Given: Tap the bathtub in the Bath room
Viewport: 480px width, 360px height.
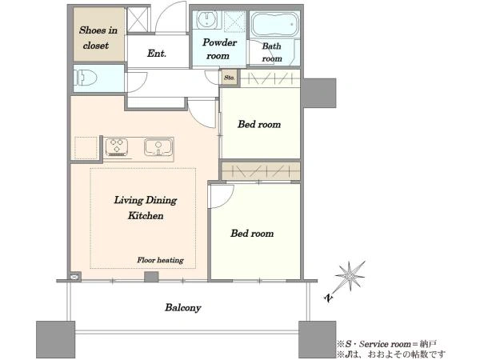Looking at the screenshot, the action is [x=275, y=24].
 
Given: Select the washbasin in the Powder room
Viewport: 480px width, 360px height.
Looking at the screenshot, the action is [x=207, y=20].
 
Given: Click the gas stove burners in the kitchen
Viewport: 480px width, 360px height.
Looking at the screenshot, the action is [x=117, y=147].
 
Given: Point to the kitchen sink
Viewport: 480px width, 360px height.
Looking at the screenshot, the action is [x=158, y=147].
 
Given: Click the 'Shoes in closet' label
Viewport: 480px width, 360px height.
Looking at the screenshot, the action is [x=98, y=38].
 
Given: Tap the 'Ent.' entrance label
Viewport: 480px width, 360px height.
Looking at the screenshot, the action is [x=157, y=54].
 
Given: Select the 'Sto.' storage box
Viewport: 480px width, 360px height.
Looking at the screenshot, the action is [x=230, y=78].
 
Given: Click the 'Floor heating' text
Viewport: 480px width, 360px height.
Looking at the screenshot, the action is [x=160, y=260].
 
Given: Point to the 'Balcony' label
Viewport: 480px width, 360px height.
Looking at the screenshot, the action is [x=183, y=307].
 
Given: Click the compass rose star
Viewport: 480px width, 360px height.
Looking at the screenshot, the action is [x=350, y=277].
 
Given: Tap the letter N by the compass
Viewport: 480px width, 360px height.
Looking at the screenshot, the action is [x=328, y=298].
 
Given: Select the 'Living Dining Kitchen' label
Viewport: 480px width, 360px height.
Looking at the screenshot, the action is [x=146, y=207].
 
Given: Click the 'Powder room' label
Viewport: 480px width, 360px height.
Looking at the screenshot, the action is [x=219, y=49].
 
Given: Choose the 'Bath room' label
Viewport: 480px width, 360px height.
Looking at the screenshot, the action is [x=272, y=52].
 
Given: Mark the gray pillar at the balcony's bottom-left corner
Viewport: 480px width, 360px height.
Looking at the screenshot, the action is [x=55, y=339].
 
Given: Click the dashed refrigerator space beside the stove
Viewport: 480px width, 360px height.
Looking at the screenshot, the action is [x=86, y=148].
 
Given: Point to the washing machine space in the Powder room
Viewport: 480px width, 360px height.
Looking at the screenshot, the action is [x=234, y=21].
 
